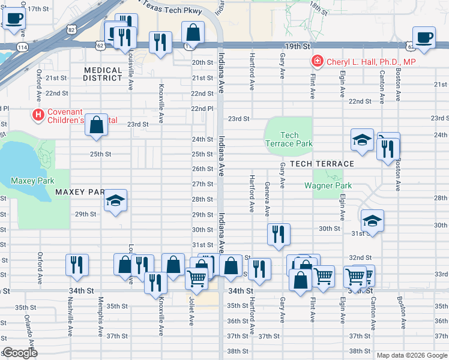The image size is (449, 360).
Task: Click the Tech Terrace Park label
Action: pyautogui.click(x=289, y=139)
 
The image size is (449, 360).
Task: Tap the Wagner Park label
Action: pyautogui.click(x=328, y=186)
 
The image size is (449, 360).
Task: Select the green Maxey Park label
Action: pyautogui.click(x=32, y=181)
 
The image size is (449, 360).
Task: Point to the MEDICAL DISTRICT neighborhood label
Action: pyautogui.click(x=103, y=74)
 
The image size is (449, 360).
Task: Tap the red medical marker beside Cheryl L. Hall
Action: pyautogui.click(x=316, y=61)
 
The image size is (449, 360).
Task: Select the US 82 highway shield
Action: pyautogui.click(x=72, y=29)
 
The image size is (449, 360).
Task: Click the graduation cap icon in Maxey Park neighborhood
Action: pyautogui.click(x=115, y=200)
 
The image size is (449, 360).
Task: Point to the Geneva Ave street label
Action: pyautogui.click(x=267, y=199)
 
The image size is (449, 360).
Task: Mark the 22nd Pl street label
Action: pyautogui.click(x=202, y=109)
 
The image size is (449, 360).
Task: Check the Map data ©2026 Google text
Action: pyautogui.click(x=411, y=355)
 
